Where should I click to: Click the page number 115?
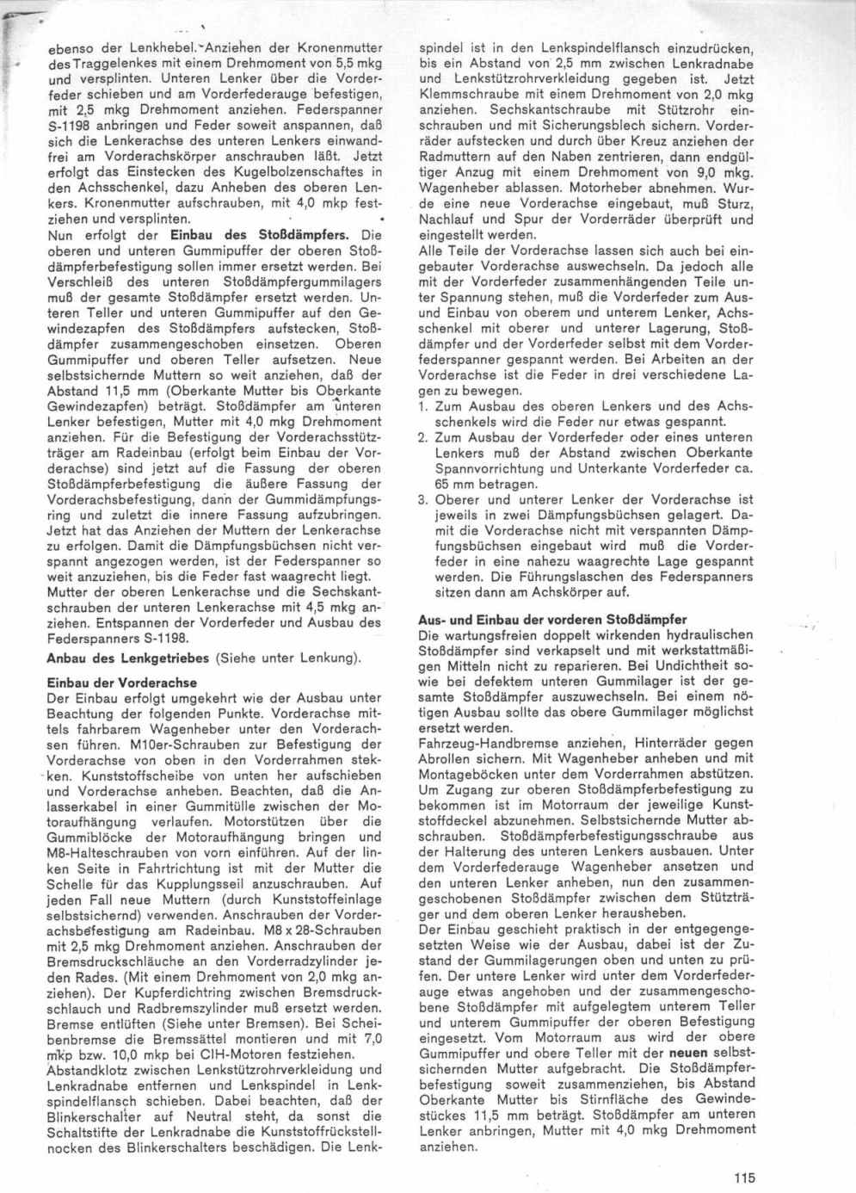coord(745,1179)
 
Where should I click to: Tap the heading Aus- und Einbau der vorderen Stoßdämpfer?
coord(551,620)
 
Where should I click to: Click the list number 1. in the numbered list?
coord(423,405)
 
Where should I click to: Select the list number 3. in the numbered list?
coord(423,499)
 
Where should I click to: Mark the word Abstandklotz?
coord(85,1068)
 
